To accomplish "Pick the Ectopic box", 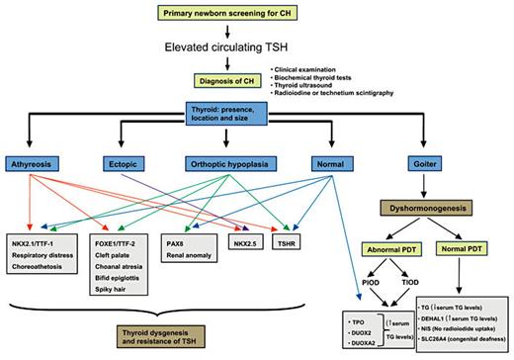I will [x=127, y=163].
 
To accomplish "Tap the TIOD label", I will [x=413, y=285].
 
